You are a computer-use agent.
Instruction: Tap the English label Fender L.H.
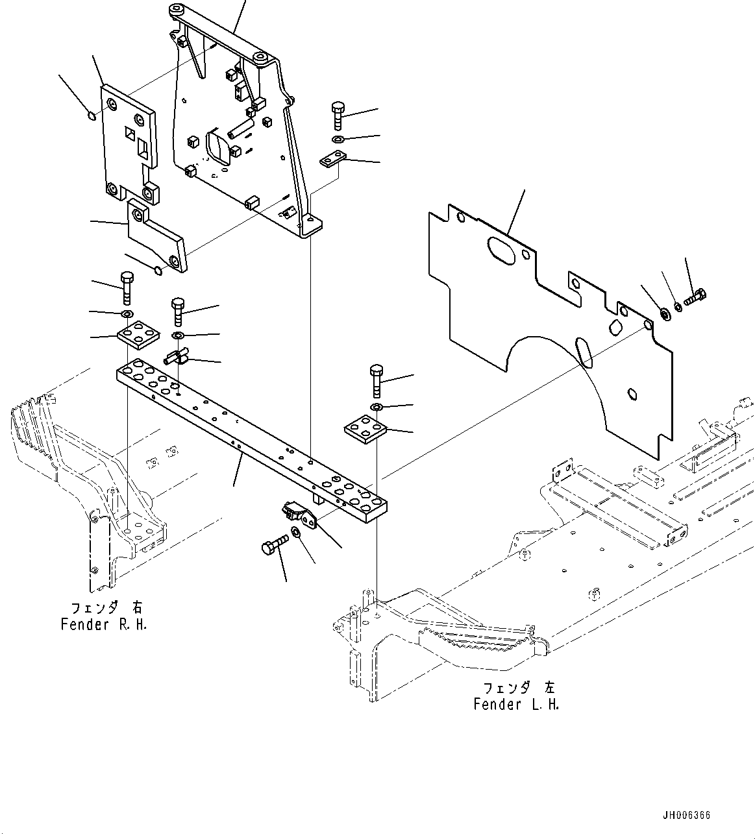click(516, 704)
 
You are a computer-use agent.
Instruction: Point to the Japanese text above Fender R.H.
click(106, 608)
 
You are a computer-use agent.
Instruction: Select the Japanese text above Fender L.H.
click(519, 688)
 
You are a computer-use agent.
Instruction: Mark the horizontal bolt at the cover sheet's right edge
click(695, 298)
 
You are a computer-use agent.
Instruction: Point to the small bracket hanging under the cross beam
click(299, 517)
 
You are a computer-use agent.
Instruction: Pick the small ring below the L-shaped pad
click(158, 271)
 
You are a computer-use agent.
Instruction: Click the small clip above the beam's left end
click(176, 356)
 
